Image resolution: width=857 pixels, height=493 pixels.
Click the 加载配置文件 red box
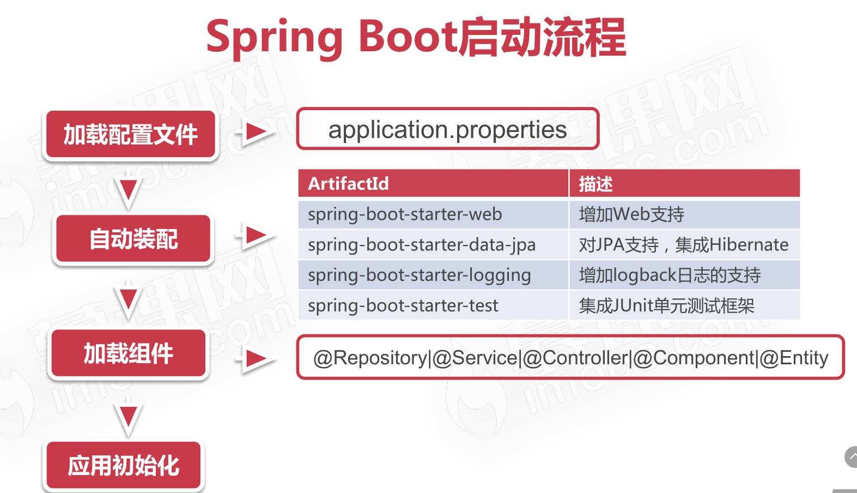click(x=130, y=134)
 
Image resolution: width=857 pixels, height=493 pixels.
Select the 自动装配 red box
click(x=133, y=238)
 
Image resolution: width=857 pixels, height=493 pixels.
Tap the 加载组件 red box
click(x=129, y=353)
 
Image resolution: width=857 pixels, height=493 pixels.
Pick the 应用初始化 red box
click(x=124, y=465)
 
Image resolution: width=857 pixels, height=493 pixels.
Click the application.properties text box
click(x=448, y=129)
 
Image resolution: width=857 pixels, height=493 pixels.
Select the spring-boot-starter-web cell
click(x=433, y=214)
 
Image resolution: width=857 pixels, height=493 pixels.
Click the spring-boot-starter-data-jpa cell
click(x=433, y=245)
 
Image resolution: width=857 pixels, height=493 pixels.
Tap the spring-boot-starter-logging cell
click(x=433, y=275)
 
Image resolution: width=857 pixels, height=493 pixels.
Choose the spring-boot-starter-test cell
click(x=433, y=305)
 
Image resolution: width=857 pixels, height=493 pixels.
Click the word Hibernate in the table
click(x=749, y=244)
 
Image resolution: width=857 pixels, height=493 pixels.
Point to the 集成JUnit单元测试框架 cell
click(x=684, y=305)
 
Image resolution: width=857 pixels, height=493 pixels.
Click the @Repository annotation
click(x=370, y=358)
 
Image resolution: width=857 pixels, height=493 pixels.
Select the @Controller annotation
click(x=575, y=358)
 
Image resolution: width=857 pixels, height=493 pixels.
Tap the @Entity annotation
click(x=794, y=358)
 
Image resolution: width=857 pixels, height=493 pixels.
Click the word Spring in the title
click(x=274, y=38)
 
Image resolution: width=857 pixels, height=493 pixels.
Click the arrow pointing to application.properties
click(x=256, y=131)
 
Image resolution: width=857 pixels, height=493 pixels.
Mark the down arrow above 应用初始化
click(x=128, y=417)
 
